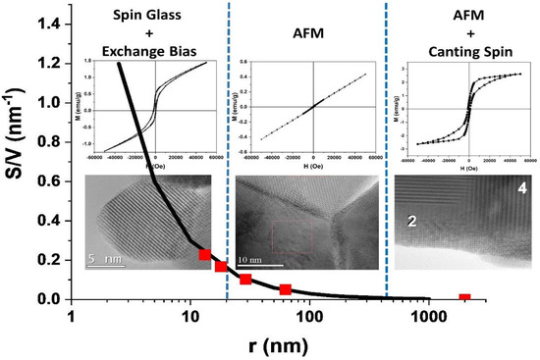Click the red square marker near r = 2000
(x=465, y=298)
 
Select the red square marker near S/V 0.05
(x=285, y=289)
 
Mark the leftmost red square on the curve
(x=204, y=255)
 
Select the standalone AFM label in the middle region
(x=306, y=30)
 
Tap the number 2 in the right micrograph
(x=413, y=223)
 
